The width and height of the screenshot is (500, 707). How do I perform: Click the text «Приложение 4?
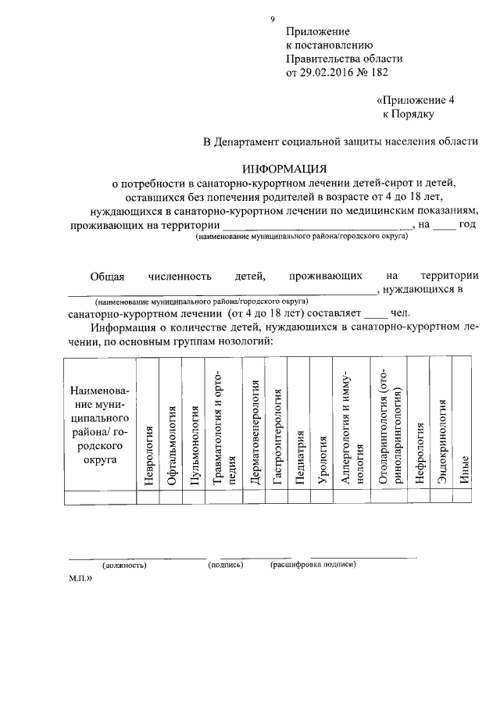(x=414, y=100)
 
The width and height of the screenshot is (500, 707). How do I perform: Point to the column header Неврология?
(x=148, y=455)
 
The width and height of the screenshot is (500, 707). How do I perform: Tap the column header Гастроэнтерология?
(x=277, y=434)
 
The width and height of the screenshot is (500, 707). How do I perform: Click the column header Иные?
(x=464, y=471)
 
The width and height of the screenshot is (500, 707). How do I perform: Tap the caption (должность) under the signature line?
(x=124, y=564)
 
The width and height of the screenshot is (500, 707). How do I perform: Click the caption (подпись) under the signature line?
(x=226, y=563)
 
